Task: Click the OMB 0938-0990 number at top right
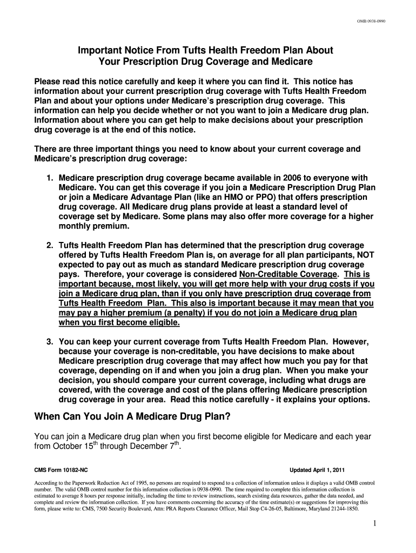pyautogui.click(x=370, y=21)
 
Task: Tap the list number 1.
pyautogui.click(x=49, y=178)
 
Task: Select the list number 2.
pyautogui.click(x=49, y=245)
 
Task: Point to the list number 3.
pyautogui.click(x=49, y=342)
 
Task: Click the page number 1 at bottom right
pyautogui.click(x=374, y=523)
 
